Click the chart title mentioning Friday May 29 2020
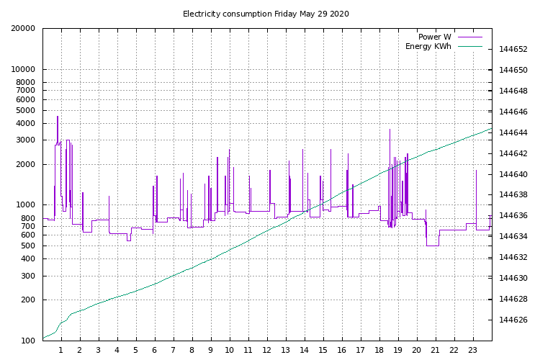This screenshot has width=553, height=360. point(266,14)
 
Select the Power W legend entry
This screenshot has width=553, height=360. point(435,37)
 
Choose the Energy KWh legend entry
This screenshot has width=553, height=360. point(428,46)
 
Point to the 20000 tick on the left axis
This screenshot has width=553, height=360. point(23,29)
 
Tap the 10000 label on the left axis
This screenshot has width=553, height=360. point(23,70)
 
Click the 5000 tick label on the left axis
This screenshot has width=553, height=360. point(25,110)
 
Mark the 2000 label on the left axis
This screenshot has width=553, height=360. point(25,164)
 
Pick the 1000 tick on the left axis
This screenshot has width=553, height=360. point(25,205)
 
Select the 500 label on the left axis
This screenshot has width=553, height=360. point(27,246)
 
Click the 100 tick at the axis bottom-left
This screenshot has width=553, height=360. point(27,341)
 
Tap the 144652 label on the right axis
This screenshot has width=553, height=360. point(513,50)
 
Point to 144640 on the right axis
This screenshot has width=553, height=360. point(513,174)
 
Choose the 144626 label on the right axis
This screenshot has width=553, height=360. point(513,320)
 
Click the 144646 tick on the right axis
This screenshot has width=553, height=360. point(513,112)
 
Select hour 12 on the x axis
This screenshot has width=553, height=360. point(267,350)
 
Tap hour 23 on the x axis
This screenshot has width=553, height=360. point(473,350)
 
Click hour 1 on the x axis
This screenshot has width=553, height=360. point(61,350)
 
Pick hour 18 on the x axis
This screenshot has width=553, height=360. point(379,350)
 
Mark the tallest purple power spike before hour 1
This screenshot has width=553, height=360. point(58,117)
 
